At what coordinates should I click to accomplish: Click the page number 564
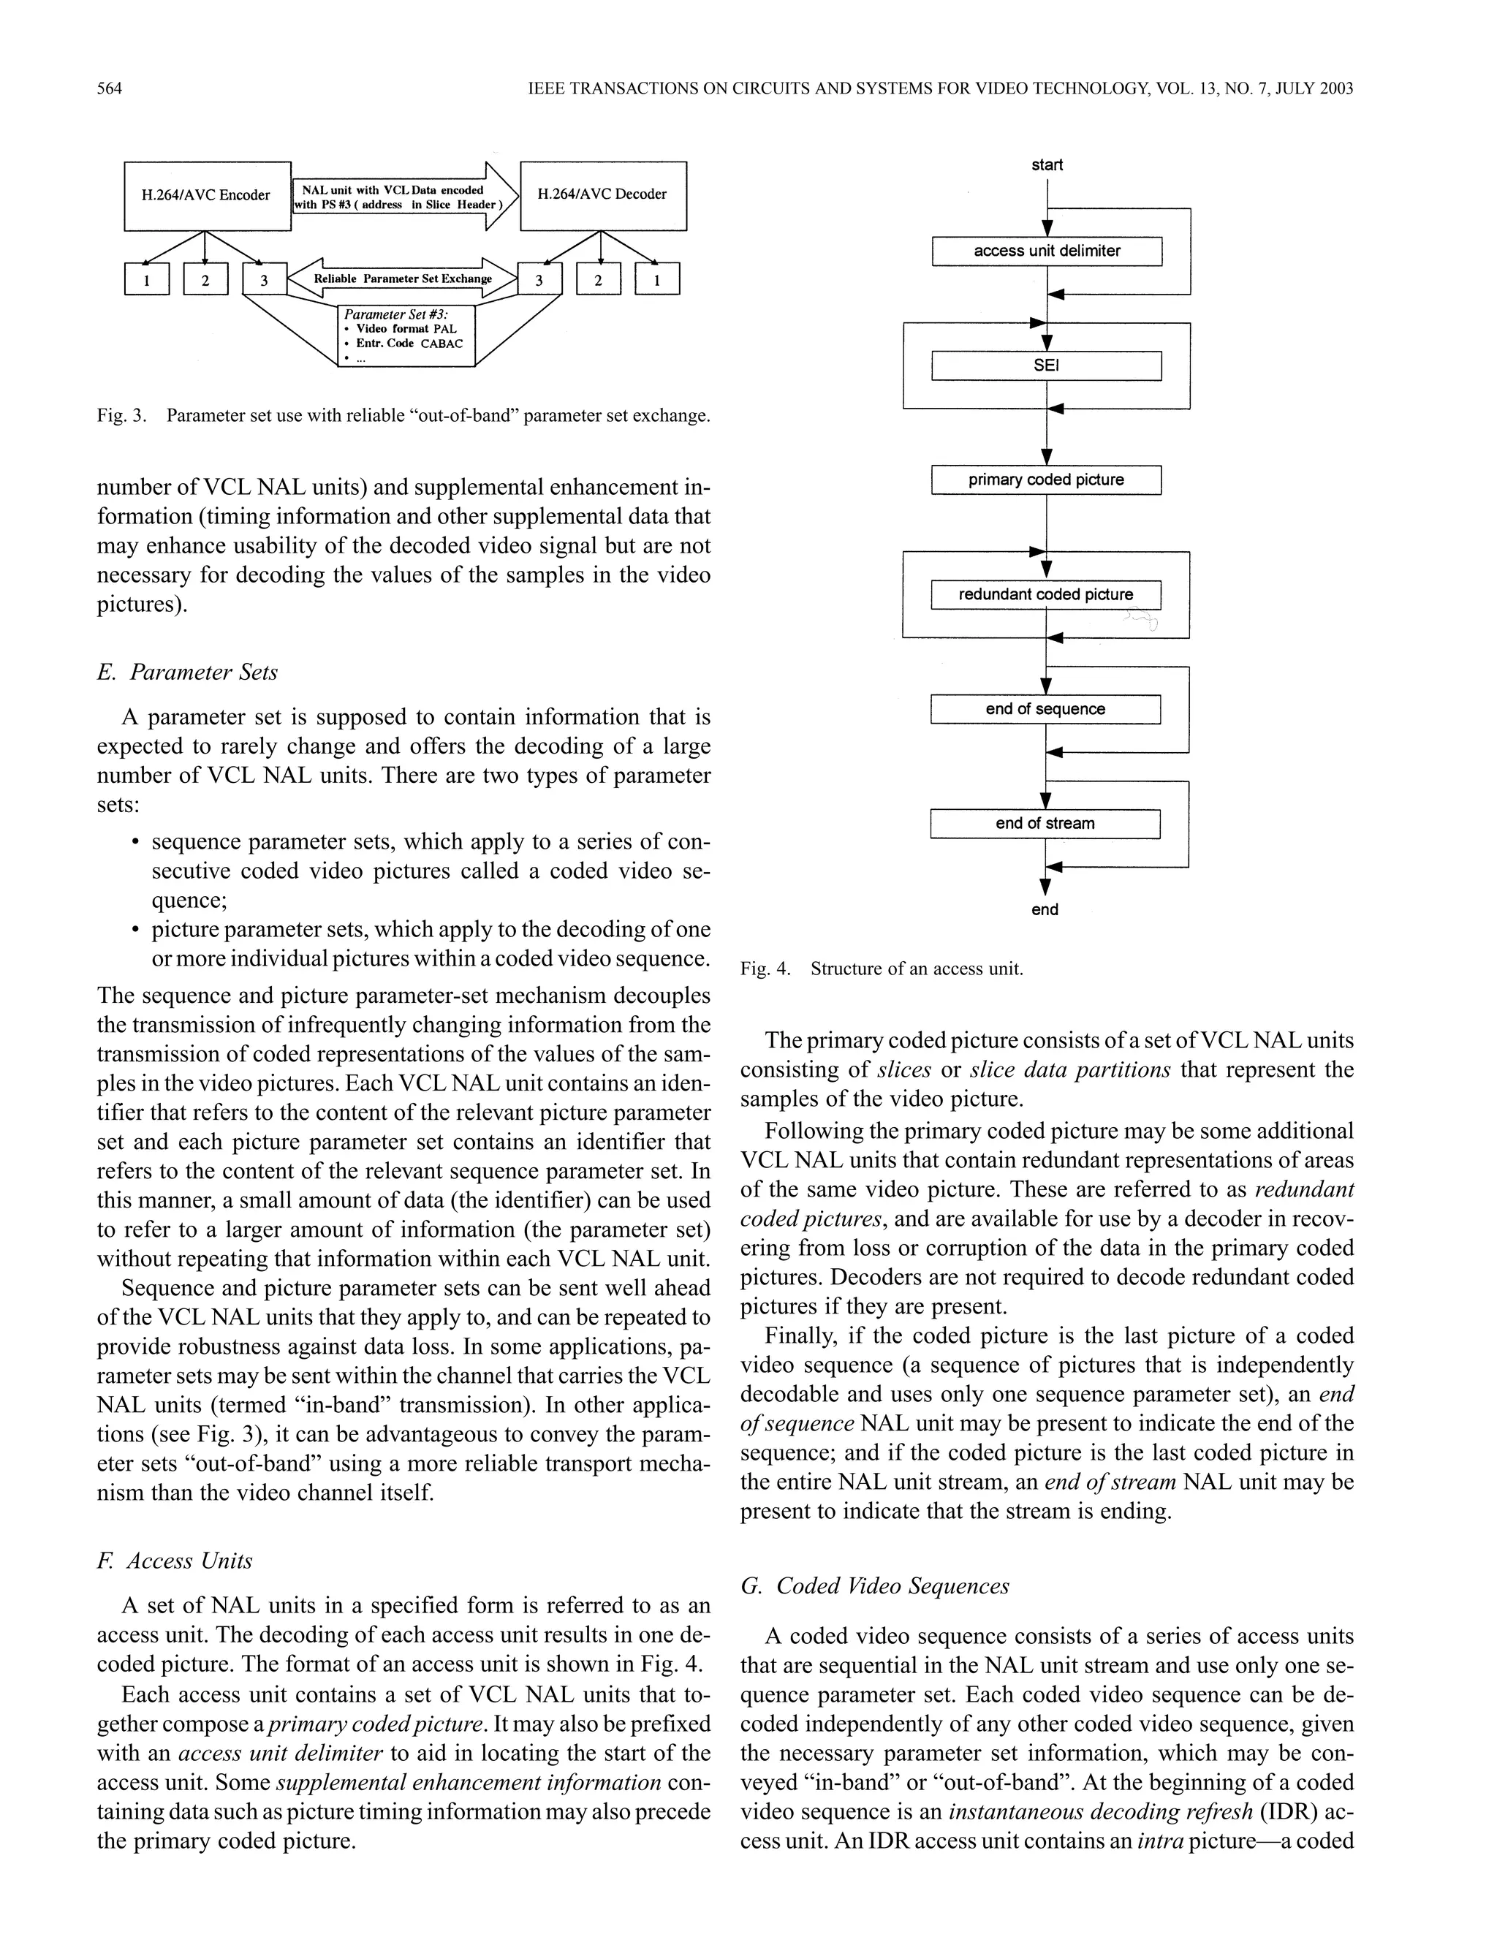109,88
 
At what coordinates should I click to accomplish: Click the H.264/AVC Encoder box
207,195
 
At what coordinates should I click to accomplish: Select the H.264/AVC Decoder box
602,195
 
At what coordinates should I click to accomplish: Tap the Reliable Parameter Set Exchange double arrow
403,278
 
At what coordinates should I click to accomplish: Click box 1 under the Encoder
146,280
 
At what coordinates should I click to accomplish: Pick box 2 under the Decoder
599,280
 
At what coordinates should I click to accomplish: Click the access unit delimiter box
1047,251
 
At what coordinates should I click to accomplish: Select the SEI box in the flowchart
1047,365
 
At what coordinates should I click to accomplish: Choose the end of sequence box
1045,708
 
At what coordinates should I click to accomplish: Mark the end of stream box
1045,823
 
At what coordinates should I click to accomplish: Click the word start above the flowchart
1047,165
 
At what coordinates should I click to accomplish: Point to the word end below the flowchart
1045,909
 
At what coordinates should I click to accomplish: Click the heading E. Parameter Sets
187,672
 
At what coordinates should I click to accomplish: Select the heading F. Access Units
175,1561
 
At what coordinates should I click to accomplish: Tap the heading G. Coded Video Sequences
874,1586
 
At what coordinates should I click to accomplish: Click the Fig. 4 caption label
765,968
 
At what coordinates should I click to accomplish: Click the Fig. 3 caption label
121,415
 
